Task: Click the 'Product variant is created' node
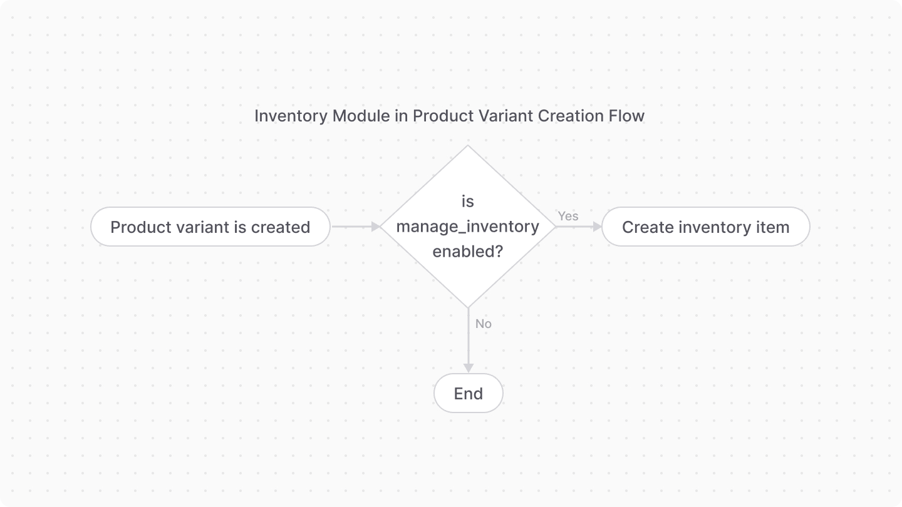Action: click(x=210, y=227)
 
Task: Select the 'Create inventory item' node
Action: click(x=705, y=227)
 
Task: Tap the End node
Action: click(x=468, y=393)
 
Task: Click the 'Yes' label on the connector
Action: click(x=568, y=216)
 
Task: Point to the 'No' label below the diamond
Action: click(x=483, y=324)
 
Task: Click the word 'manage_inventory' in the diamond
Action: click(x=467, y=227)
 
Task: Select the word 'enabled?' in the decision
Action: click(x=467, y=251)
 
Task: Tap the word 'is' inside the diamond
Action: click(x=467, y=202)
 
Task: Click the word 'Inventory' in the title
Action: click(x=291, y=116)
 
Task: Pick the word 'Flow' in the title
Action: click(x=627, y=116)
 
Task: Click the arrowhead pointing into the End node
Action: click(x=468, y=368)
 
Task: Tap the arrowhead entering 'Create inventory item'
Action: click(x=596, y=227)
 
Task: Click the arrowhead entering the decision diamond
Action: click(x=376, y=227)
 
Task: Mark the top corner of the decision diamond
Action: click(x=468, y=146)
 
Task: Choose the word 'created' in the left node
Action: click(x=281, y=227)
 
